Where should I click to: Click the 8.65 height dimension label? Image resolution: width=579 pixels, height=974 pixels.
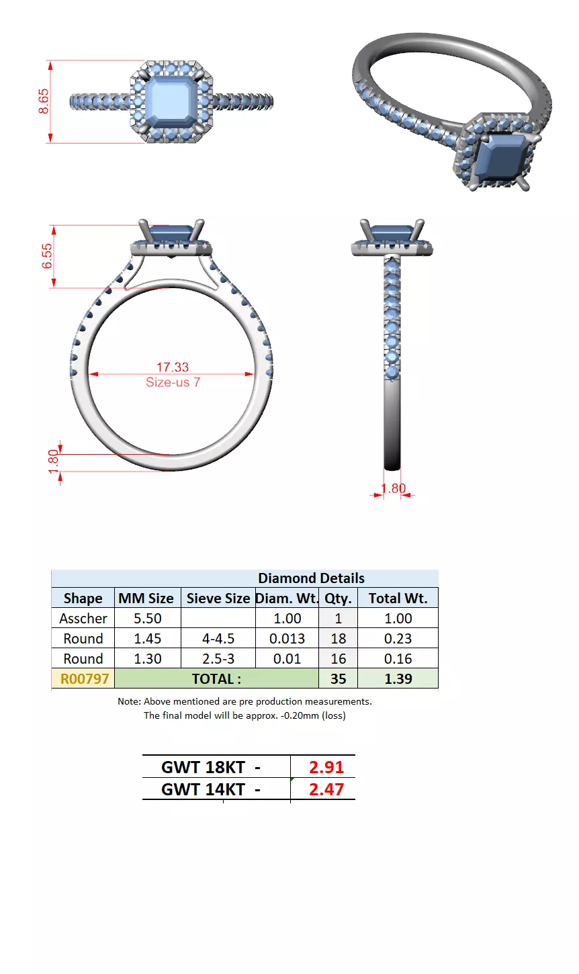44,101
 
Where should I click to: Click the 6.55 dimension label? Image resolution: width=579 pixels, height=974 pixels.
47,256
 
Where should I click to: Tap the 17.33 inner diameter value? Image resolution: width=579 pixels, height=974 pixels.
173,367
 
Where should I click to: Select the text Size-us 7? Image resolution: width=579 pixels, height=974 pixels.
173,382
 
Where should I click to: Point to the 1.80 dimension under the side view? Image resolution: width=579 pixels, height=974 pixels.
394,488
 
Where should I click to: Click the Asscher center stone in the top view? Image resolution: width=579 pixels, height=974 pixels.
171,102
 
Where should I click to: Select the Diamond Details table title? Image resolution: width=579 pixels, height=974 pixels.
311,578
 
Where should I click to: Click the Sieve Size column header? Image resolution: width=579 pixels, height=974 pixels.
218,599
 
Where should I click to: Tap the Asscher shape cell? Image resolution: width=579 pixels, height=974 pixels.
83,619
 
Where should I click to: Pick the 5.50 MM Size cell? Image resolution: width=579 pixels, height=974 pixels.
147,619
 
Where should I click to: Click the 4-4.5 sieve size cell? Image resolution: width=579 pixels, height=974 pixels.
218,639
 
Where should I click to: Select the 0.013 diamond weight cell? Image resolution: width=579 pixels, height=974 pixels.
287,639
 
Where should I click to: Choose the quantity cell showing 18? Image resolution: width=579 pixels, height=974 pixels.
338,639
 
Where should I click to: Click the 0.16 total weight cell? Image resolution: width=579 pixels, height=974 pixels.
398,659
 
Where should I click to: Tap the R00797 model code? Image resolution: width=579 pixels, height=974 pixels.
84,679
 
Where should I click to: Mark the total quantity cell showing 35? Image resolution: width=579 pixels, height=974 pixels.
338,679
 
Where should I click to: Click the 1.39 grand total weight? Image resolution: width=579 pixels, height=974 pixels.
398,679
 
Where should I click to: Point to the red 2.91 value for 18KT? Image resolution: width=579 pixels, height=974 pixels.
326,767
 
